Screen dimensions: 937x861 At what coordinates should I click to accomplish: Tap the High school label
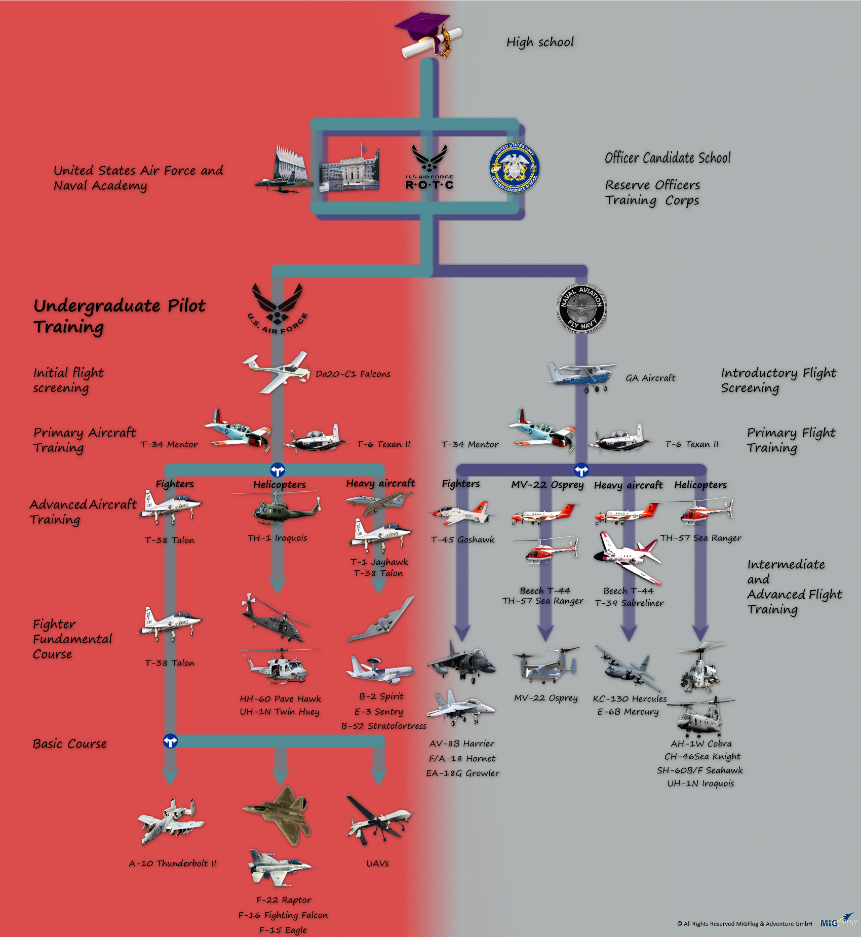coord(540,42)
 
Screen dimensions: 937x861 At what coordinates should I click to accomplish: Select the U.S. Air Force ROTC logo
coord(429,167)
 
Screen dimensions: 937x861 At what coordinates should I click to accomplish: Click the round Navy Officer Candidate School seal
coord(514,168)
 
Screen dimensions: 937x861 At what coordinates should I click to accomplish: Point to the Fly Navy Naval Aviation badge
coord(581,308)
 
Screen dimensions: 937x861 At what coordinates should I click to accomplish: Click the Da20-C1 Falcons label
coord(353,374)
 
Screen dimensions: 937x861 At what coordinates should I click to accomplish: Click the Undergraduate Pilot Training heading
coord(120,316)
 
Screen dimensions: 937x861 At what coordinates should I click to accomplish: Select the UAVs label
coord(377,864)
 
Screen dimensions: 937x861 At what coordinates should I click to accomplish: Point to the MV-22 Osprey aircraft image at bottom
coord(546,665)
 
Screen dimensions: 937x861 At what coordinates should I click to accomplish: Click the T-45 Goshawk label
coord(462,540)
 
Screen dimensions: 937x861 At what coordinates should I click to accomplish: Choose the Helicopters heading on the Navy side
coord(700,485)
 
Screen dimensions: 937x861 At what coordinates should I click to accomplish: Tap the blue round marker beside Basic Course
coord(170,741)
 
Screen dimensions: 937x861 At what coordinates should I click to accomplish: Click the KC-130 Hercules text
coord(630,699)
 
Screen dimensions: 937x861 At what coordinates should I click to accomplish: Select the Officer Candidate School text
coord(668,158)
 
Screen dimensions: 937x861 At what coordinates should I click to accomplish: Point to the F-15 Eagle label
coord(283,930)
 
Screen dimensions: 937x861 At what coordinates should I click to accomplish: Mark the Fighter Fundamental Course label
coord(72,639)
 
